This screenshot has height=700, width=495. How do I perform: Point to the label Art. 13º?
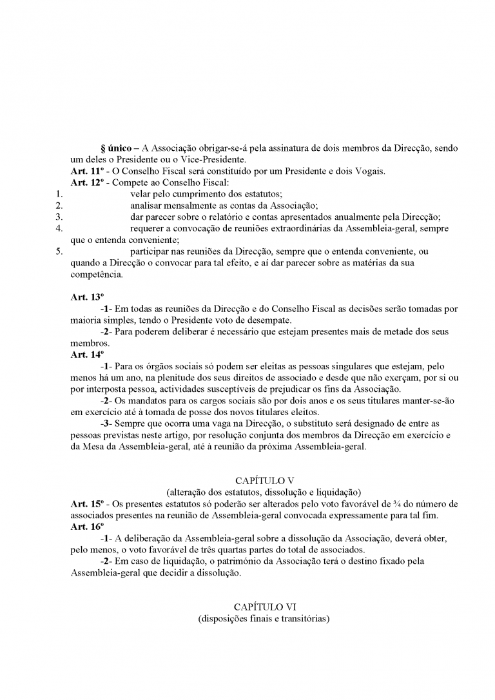pyautogui.click(x=87, y=297)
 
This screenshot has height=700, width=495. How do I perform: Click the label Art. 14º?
pyautogui.click(x=87, y=355)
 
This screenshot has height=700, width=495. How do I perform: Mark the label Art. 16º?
pyautogui.click(x=87, y=526)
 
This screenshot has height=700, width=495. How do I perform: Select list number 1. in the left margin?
pyautogui.click(x=59, y=193)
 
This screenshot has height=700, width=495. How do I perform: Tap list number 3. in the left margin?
pyautogui.click(x=59, y=217)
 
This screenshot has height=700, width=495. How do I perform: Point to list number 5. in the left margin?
pyautogui.click(x=59, y=251)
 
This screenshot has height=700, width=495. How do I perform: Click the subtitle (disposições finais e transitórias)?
pyautogui.click(x=264, y=619)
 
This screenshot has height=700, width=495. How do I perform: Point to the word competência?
pyautogui.click(x=96, y=274)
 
